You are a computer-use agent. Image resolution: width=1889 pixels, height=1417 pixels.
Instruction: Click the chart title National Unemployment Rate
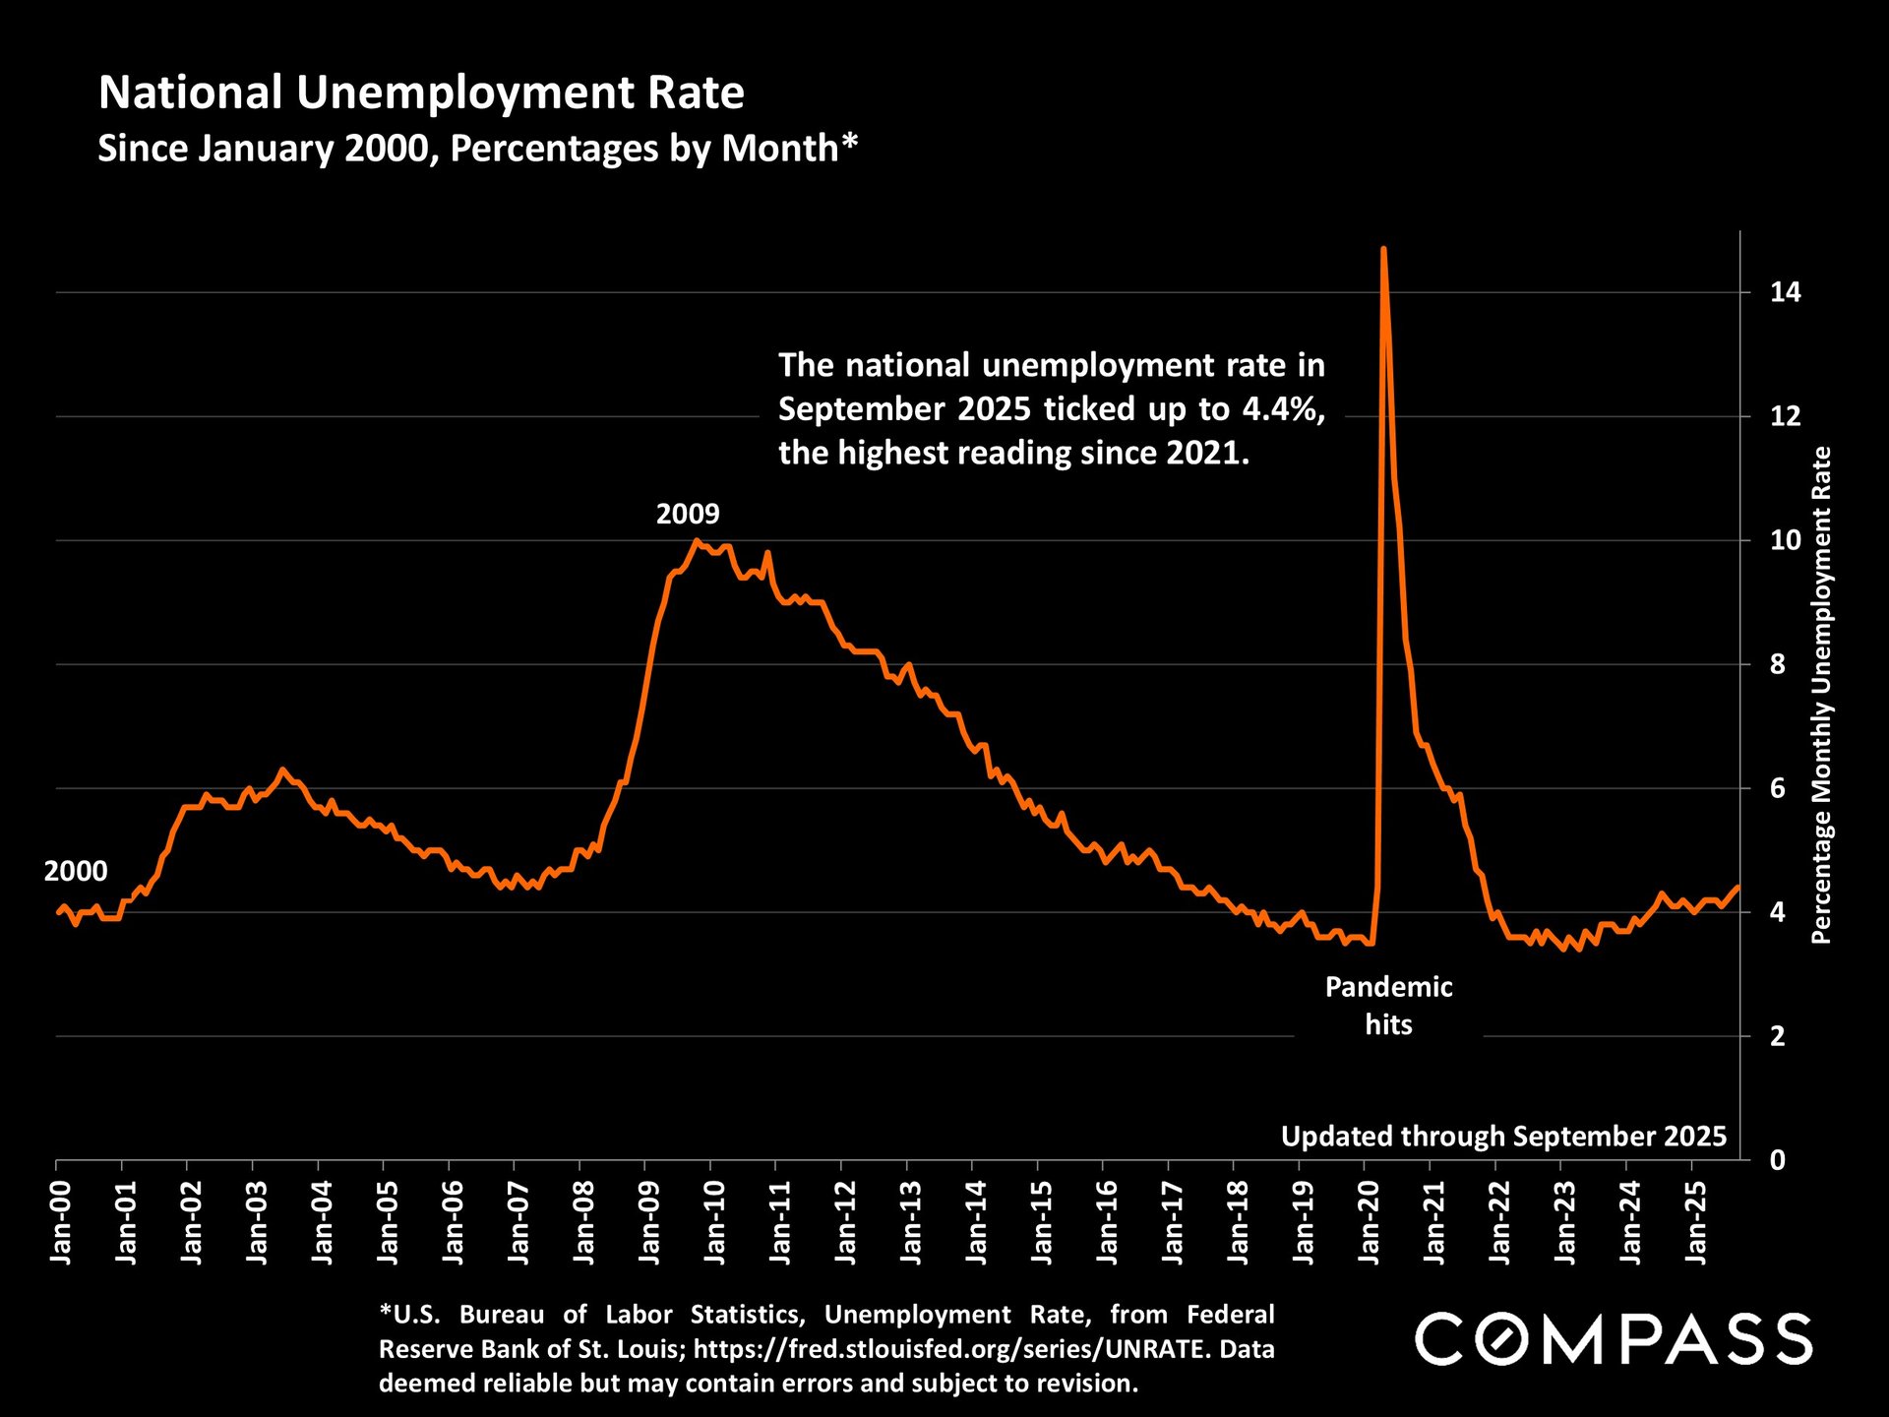(x=421, y=93)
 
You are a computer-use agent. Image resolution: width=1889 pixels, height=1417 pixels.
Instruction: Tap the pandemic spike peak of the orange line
(x=1383, y=250)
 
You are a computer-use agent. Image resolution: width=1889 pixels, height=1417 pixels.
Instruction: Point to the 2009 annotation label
(x=688, y=514)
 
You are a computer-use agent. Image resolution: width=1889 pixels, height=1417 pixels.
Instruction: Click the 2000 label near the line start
(x=76, y=872)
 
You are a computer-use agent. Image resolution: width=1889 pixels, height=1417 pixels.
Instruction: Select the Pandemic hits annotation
(x=1388, y=1006)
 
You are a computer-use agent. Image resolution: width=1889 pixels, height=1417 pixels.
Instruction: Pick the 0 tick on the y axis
(x=1777, y=1160)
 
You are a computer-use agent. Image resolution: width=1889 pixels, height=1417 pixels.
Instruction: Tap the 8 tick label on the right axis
(x=1777, y=664)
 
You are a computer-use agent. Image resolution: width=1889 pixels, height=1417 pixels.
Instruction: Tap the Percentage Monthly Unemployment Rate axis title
(x=1821, y=695)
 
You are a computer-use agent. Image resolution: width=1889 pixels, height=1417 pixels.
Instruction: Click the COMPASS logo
(x=1614, y=1339)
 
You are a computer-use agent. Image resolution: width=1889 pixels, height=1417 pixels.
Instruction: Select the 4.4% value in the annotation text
(x=1283, y=408)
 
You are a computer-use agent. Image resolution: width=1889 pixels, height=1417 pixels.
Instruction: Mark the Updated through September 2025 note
(x=1503, y=1137)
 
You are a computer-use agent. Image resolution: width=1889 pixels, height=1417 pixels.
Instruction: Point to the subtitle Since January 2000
(x=478, y=149)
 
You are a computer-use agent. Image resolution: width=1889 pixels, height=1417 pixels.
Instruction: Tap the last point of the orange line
(x=1737, y=888)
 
